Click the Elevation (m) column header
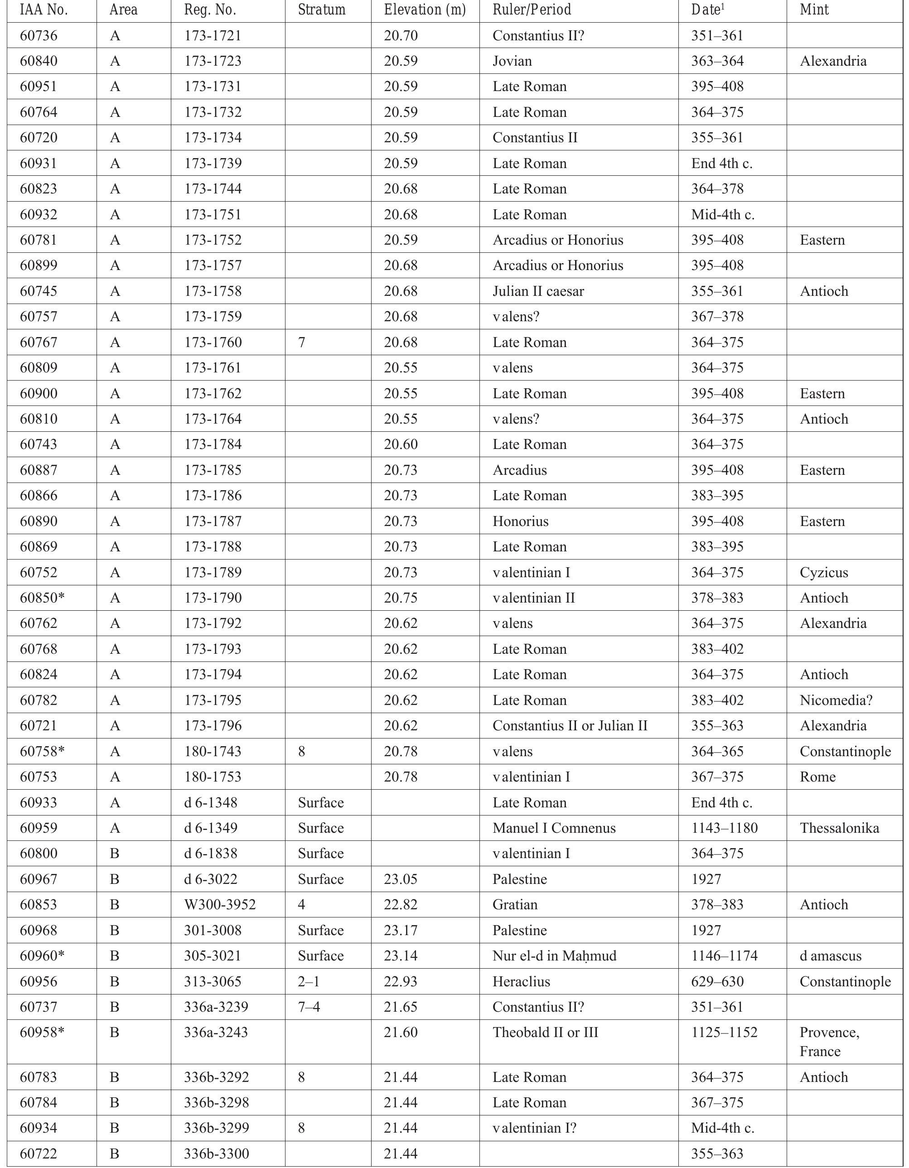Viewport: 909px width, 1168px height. (x=424, y=10)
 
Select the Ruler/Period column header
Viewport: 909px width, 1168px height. (x=532, y=10)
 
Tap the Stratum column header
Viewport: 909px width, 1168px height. (x=322, y=10)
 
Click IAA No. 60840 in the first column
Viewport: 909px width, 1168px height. (x=39, y=61)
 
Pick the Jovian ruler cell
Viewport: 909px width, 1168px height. (x=512, y=61)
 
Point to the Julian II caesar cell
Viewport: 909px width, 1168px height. (x=538, y=291)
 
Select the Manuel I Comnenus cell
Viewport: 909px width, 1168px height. (x=554, y=828)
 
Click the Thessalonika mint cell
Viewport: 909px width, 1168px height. (x=839, y=828)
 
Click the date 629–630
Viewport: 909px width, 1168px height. (x=717, y=981)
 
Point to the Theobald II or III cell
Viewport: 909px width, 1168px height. (x=545, y=1032)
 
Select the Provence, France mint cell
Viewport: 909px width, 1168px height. (x=829, y=1041)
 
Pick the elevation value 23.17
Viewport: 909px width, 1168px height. (x=401, y=930)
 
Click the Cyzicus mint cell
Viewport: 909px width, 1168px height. (x=824, y=572)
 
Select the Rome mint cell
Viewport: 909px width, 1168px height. (x=817, y=777)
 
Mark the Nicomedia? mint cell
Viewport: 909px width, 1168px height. (x=836, y=700)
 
